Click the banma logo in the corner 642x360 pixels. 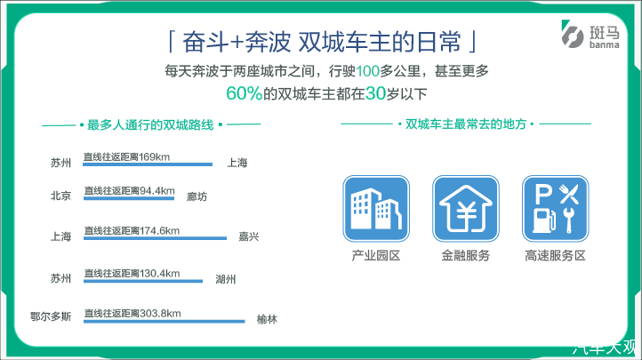click(x=590, y=35)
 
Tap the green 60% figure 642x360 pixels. click(x=244, y=93)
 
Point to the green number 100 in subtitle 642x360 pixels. click(x=367, y=71)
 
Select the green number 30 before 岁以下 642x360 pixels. click(x=375, y=93)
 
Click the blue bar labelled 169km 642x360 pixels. click(x=148, y=164)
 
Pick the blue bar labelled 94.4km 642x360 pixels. click(x=129, y=198)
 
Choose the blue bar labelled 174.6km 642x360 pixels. click(x=156, y=238)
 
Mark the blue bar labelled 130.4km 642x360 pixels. click(x=143, y=281)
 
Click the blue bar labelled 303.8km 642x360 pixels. click(x=165, y=322)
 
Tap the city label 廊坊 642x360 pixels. click(x=197, y=196)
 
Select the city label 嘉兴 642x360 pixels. click(x=249, y=236)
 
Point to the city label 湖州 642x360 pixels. click(x=226, y=279)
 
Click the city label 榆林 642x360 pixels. click(x=267, y=319)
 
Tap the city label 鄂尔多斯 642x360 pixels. click(x=51, y=316)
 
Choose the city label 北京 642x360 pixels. click(x=61, y=196)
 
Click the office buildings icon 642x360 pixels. click(x=376, y=209)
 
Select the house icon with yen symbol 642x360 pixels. click(x=466, y=209)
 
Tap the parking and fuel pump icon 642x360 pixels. click(x=556, y=209)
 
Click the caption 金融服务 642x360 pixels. click(x=466, y=256)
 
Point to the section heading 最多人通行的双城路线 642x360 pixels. click(x=150, y=124)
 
